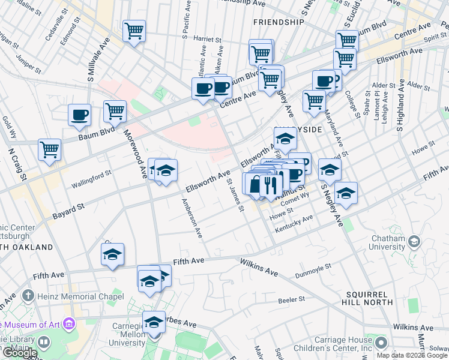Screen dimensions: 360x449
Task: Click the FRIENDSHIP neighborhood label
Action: (279, 22)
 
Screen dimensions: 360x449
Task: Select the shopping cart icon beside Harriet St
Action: (134, 31)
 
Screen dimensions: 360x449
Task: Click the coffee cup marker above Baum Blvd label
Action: (79, 115)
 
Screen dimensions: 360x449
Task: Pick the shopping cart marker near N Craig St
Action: (49, 149)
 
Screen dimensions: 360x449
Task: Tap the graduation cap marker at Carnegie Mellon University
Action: (154, 322)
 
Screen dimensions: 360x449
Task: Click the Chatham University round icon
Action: (414, 242)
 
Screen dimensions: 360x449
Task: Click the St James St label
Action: (235, 197)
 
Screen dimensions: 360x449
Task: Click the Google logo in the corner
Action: (19, 352)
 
